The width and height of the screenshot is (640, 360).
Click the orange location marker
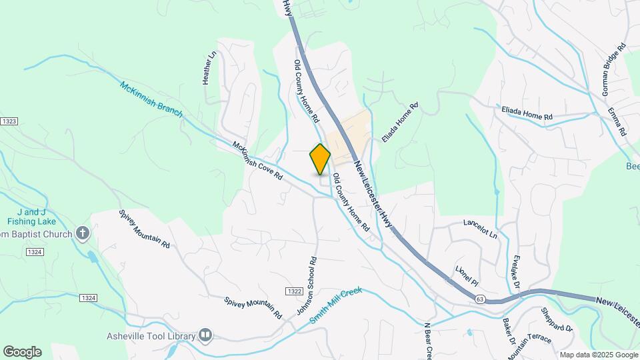click(x=320, y=159)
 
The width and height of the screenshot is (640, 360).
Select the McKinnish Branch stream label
click(x=151, y=99)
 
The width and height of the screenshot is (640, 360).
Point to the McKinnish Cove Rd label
click(x=258, y=161)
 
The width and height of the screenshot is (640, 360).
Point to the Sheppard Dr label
click(x=557, y=319)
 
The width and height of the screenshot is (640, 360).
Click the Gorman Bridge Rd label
click(x=613, y=70)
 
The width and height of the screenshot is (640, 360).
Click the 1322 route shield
click(x=293, y=292)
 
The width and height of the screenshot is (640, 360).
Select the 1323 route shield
click(x=8, y=121)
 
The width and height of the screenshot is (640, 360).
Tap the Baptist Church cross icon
click(x=82, y=233)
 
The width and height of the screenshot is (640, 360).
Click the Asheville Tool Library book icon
click(x=205, y=335)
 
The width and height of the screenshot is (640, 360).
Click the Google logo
click(x=22, y=351)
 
